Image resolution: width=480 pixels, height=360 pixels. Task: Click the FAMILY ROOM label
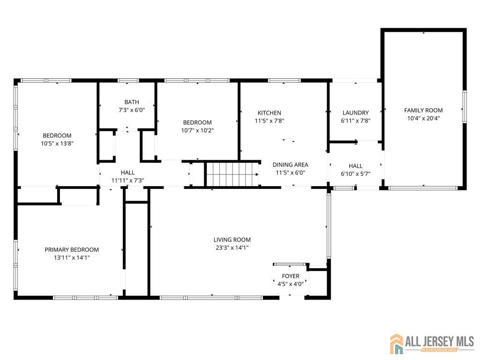423,110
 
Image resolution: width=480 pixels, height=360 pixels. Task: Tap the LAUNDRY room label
355,112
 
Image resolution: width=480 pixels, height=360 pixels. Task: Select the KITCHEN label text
269,112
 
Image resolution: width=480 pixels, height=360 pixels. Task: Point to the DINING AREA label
291,165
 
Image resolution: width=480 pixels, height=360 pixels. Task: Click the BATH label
131,102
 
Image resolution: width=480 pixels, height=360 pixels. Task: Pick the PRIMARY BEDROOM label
72,250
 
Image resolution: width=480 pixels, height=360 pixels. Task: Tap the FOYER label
291,276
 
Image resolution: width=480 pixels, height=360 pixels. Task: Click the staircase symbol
232,174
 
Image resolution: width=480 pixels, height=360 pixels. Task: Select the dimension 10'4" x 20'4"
423,118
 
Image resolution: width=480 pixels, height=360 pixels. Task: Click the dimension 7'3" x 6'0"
131,110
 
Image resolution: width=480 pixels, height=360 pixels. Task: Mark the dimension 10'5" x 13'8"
57,143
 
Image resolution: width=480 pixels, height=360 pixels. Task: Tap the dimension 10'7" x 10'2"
197,130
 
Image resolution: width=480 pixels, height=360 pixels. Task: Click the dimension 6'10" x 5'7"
355,174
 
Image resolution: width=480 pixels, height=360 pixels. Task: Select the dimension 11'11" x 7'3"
127,180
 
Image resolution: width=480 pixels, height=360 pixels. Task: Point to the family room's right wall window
465,107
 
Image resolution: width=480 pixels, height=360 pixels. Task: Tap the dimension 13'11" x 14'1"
72,257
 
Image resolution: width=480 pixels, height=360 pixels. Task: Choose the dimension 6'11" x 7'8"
355,120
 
